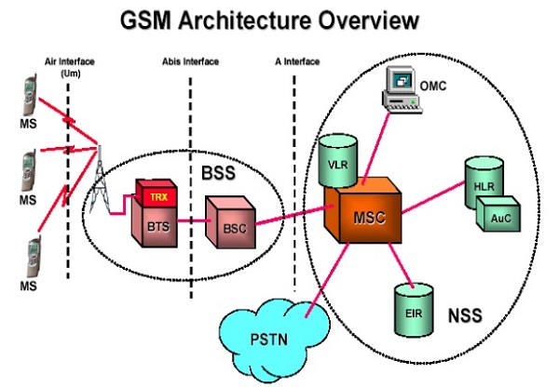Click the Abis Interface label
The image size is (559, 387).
click(x=189, y=61)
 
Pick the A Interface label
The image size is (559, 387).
click(x=295, y=61)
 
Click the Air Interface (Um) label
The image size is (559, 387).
click(x=69, y=66)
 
